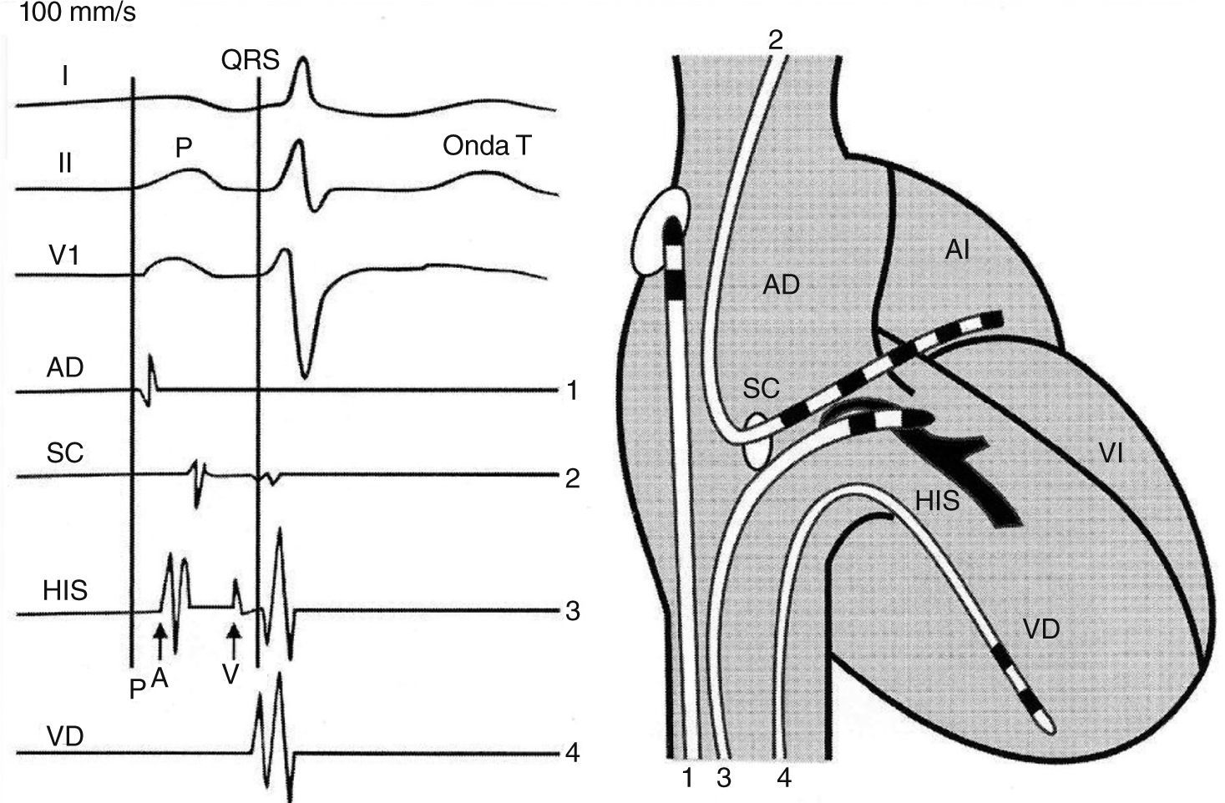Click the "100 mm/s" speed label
pos(69,13)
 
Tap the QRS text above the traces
pos(250,60)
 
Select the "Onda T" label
pos(487,146)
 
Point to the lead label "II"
pos(64,163)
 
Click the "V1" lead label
pos(64,255)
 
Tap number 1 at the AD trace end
pos(572,390)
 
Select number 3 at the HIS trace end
pos(572,611)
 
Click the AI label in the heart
pos(957,249)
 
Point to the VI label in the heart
pos(1110,453)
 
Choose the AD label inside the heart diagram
pos(781,285)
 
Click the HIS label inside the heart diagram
pos(937,502)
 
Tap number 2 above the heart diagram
pos(776,40)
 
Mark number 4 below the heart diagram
pos(783,778)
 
